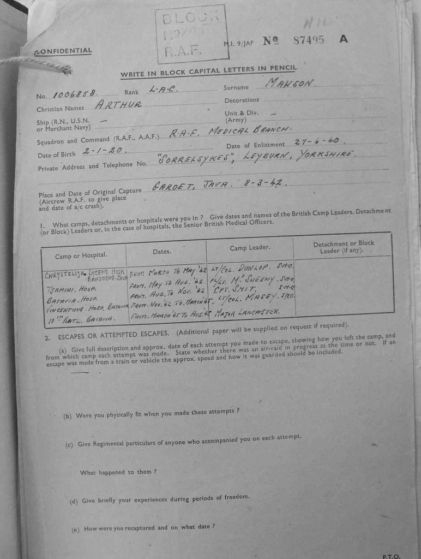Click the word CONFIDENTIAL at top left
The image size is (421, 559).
pyautogui.click(x=63, y=51)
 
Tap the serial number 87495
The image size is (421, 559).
pyautogui.click(x=309, y=40)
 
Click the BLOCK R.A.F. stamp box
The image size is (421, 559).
pyautogui.click(x=190, y=34)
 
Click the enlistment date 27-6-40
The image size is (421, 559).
pyautogui.click(x=316, y=141)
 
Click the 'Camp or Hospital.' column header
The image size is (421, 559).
pyautogui.click(x=81, y=255)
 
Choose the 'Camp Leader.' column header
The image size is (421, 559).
pyautogui.click(x=250, y=248)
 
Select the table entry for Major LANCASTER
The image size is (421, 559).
pyautogui.click(x=248, y=311)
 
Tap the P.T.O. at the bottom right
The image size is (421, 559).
pyautogui.click(x=391, y=556)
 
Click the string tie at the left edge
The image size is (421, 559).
pyautogui.click(x=36, y=64)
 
